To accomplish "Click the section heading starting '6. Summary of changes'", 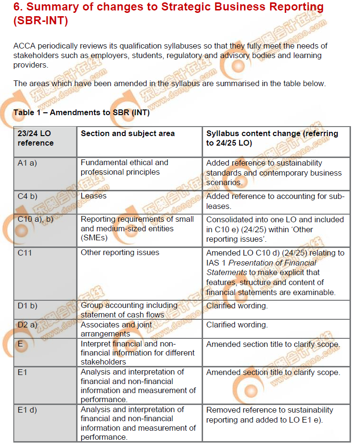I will [x=169, y=14].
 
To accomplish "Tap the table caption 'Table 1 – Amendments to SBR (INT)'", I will [x=81, y=112].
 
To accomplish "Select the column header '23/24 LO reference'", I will [x=35, y=138].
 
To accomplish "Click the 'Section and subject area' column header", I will [x=127, y=134].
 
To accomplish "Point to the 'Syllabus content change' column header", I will [x=272, y=138].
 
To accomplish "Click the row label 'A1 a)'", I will [x=27, y=163].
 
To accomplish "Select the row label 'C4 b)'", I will [x=27, y=196].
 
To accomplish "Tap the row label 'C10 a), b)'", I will [x=35, y=219].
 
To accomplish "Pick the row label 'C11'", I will [x=25, y=253].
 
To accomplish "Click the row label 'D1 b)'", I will [x=27, y=306].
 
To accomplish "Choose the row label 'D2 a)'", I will [x=27, y=325].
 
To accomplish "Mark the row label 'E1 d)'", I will [x=27, y=410].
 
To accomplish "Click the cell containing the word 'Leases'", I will [x=94, y=196].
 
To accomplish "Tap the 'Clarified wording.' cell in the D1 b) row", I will [x=237, y=306].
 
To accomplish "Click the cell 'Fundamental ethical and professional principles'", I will [x=124, y=168].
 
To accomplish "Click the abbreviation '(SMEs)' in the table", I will [x=94, y=238].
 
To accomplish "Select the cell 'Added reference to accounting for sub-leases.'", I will [x=275, y=201].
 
